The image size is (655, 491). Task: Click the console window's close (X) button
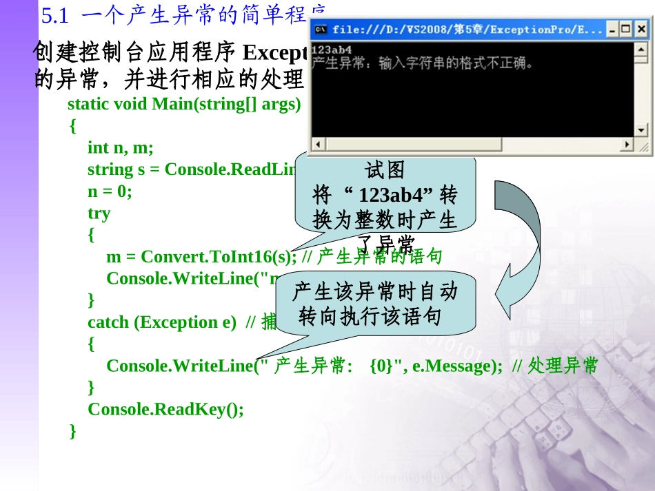(x=641, y=29)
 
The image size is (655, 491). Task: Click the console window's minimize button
(x=612, y=29)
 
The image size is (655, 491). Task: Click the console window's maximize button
(x=626, y=29)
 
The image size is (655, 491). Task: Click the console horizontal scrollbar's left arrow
(x=318, y=145)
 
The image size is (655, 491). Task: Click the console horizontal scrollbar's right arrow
(x=626, y=145)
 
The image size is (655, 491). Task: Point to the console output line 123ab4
(x=332, y=50)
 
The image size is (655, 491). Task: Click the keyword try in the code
(x=99, y=213)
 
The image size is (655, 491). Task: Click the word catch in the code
(x=107, y=322)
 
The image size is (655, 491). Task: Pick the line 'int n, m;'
(x=121, y=147)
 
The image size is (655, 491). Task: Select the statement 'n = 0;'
(x=109, y=191)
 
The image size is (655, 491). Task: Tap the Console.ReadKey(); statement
(x=165, y=410)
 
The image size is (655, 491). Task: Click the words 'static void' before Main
(x=107, y=104)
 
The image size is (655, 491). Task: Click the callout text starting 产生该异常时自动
(x=374, y=303)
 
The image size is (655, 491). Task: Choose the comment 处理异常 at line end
(x=563, y=366)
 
